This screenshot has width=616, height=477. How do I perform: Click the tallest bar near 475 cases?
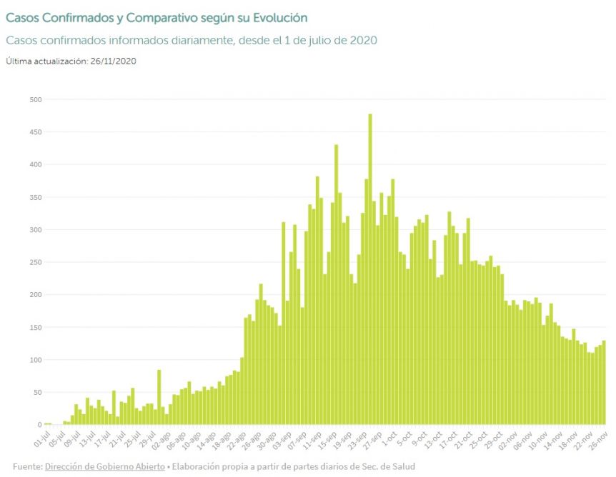tap(370, 269)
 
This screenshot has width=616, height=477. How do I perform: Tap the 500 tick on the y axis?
tap(35, 100)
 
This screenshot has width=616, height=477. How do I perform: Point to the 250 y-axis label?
tap(35, 262)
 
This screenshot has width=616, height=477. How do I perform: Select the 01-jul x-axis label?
tap(41, 439)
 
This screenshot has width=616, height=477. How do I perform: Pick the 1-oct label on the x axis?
tap(389, 438)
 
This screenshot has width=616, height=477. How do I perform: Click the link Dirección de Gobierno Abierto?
tap(105, 466)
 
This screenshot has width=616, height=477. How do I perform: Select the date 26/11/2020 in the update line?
tap(113, 61)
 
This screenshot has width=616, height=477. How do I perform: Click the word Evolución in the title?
tap(280, 18)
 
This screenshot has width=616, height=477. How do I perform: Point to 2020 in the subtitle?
tap(364, 41)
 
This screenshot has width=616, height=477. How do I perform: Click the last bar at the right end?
tap(604, 382)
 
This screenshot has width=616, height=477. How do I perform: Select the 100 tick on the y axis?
tap(35, 360)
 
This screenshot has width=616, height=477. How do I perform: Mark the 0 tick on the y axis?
tap(40, 425)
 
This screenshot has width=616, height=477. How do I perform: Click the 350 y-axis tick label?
tap(35, 198)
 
